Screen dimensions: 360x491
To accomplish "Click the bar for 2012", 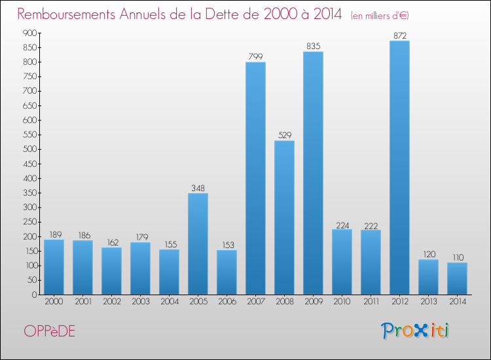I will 399,168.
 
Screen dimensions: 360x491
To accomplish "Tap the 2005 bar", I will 198,243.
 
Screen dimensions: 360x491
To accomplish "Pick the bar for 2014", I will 457,278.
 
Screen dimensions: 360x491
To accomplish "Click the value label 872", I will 399,35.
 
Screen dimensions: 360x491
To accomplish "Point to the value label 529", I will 284,135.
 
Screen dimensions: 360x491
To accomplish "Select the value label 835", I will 313,46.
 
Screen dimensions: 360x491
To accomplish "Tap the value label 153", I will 227,244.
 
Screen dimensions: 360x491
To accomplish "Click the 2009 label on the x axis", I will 313,302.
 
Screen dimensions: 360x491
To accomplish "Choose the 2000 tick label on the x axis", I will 54,302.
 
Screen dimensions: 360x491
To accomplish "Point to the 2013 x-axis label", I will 428,302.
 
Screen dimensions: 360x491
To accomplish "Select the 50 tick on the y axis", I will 29,280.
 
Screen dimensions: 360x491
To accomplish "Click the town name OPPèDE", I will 49,332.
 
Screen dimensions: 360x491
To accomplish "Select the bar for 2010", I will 342,262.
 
